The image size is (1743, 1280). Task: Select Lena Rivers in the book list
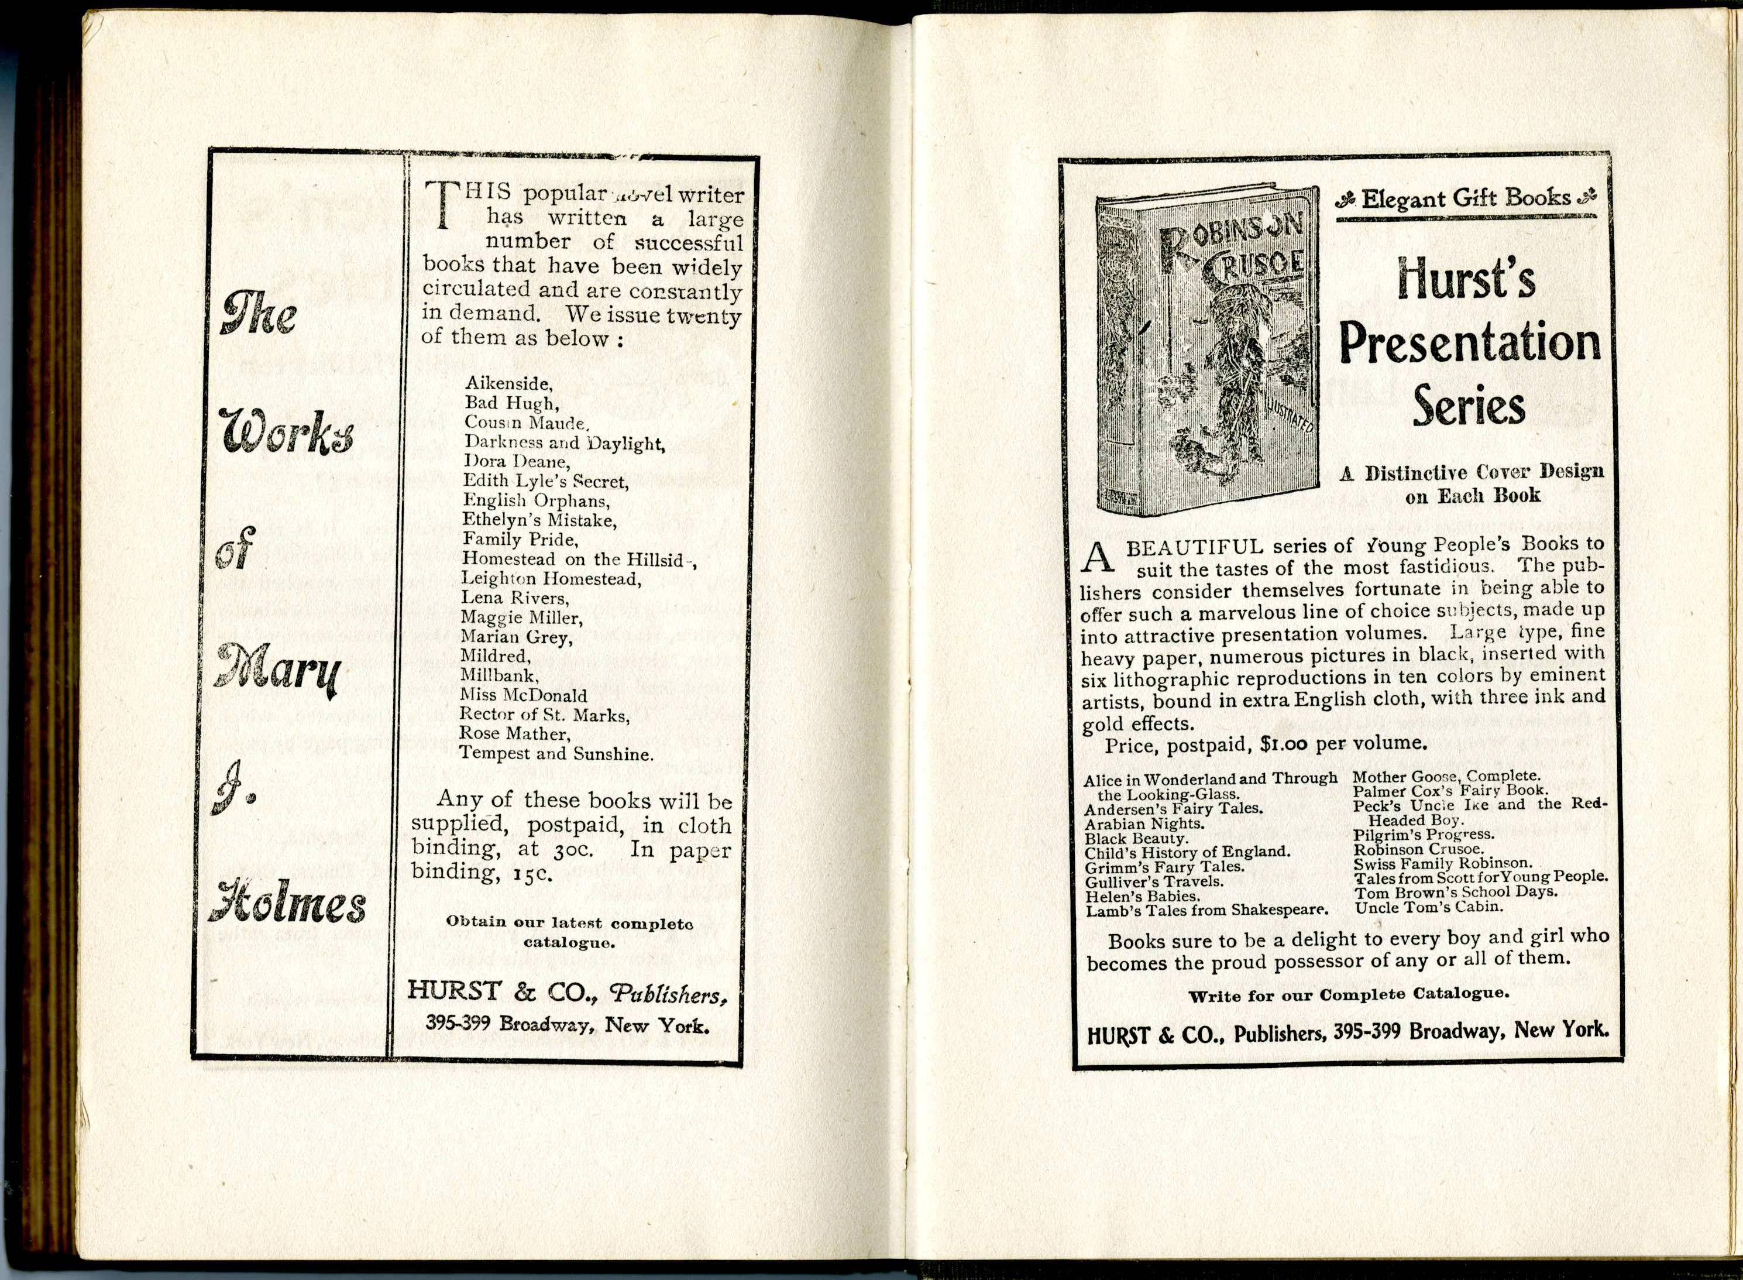click(x=514, y=598)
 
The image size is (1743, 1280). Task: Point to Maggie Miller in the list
click(x=521, y=617)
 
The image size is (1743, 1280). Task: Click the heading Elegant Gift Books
click(x=1466, y=198)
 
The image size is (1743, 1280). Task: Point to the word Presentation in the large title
click(x=1470, y=344)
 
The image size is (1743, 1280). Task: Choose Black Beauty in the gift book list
click(x=1136, y=838)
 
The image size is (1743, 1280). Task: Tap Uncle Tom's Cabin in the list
click(x=1428, y=907)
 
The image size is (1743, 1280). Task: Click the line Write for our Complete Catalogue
click(x=1348, y=995)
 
